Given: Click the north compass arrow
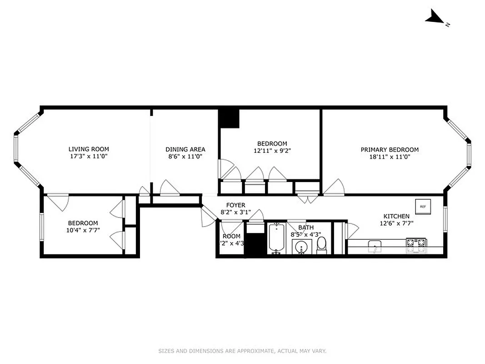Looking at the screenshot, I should click(435, 18).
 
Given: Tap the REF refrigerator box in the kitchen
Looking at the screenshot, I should click(423, 207).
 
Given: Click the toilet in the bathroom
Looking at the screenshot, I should click(322, 244).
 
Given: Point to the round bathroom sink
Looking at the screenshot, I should click(301, 248).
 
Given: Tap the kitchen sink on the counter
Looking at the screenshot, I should click(375, 247).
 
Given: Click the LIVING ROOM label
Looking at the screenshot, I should click(89, 149).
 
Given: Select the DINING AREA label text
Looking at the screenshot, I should click(185, 149).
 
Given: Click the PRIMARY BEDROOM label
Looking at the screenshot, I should click(390, 150).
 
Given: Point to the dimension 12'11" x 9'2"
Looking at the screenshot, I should click(272, 151).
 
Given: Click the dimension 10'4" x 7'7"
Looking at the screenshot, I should click(83, 230).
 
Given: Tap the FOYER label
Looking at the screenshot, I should click(235, 205).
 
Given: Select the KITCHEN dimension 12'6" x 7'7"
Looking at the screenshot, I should click(396, 223).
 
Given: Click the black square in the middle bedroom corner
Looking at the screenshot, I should click(229, 118).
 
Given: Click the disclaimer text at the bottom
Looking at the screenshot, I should click(242, 351).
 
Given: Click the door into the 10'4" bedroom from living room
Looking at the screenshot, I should click(58, 201).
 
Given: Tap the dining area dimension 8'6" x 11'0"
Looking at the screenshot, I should click(185, 156).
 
